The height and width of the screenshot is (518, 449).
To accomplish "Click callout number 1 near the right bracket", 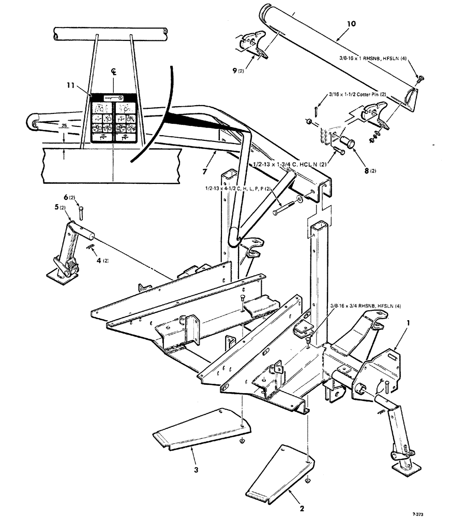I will tap(409, 322).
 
